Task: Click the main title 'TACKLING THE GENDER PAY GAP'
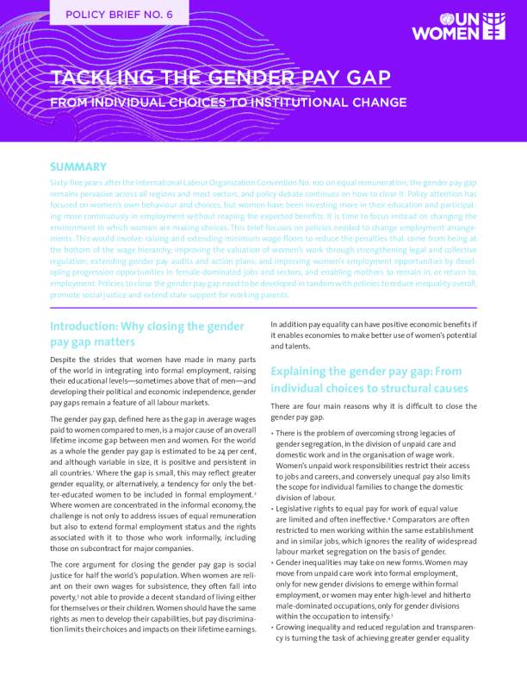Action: (x=220, y=78)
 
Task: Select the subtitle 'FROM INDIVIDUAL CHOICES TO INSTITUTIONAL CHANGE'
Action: (x=228, y=103)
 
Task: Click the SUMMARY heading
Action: (x=77, y=166)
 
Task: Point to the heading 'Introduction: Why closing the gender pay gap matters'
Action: (x=147, y=335)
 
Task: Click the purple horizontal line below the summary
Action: (x=263, y=307)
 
